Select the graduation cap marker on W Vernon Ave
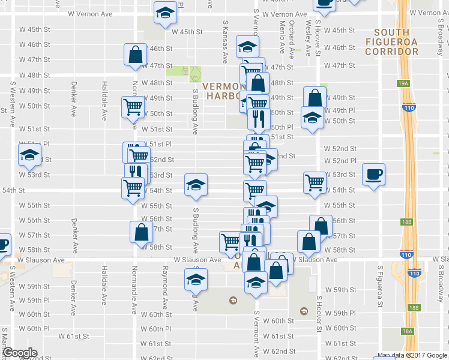pos(164,14)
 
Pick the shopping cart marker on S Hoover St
pos(315,183)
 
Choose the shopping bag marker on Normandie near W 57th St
pos(140,233)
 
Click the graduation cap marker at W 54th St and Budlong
pos(195,185)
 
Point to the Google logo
pos(19,353)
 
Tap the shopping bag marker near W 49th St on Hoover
pos(315,98)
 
